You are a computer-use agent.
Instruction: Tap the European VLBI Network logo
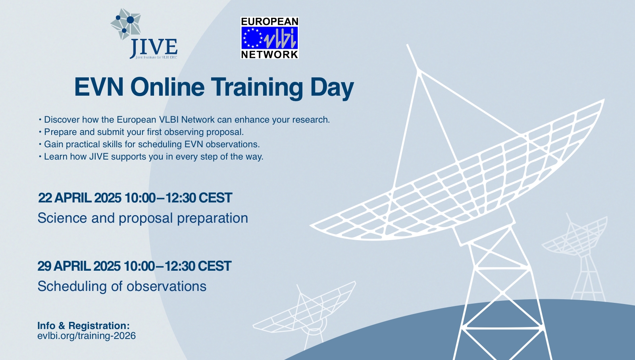[269, 38]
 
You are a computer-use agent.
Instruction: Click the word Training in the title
[257, 87]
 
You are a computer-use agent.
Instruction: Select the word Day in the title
[332, 87]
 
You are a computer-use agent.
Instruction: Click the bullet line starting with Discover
[187, 120]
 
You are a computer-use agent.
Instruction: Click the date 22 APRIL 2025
[79, 198]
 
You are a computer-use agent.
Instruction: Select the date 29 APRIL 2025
[79, 266]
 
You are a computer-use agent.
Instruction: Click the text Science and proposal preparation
[143, 218]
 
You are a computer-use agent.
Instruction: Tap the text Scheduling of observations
[122, 287]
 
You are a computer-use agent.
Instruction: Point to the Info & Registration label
[83, 326]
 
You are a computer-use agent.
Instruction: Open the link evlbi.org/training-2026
[87, 336]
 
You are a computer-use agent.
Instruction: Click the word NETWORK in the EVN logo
[269, 54]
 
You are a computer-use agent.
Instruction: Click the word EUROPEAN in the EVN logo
[269, 22]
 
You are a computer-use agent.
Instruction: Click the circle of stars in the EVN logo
[253, 38]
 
